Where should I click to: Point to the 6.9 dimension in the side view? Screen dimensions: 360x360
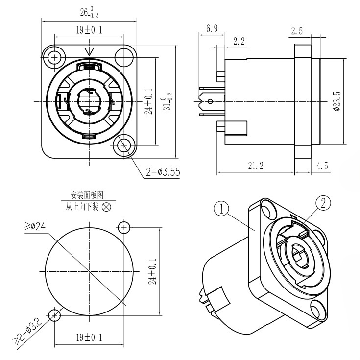(x=212, y=29)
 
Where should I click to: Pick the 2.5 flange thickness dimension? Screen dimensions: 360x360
(x=297, y=30)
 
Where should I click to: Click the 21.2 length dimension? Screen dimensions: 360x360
(x=255, y=166)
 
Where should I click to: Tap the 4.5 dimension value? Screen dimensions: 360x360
(x=322, y=166)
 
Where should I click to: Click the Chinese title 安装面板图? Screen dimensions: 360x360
(x=88, y=195)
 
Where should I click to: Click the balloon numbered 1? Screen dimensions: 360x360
(x=222, y=209)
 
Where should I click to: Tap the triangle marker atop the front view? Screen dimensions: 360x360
(x=89, y=51)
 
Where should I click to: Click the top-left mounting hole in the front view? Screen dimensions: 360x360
(x=54, y=57)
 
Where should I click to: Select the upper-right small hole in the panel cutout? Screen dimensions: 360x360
(x=124, y=227)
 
